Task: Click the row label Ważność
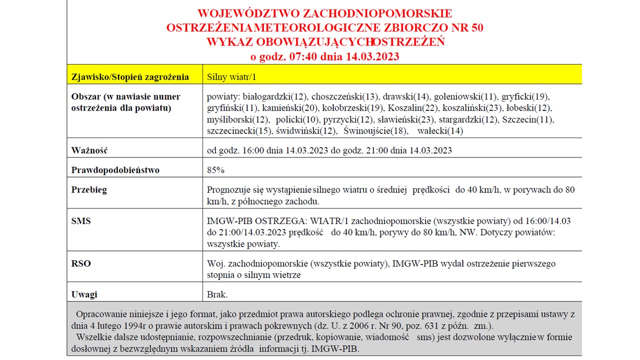[x=89, y=150]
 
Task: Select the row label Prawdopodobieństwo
[x=115, y=170]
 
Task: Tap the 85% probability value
[x=215, y=170]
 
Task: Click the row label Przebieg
[x=89, y=190]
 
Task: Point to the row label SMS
[x=81, y=220]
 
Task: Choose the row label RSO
[x=81, y=263]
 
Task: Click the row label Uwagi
[x=84, y=294]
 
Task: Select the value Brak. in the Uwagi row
[x=217, y=294]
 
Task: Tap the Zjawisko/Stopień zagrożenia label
[x=130, y=77]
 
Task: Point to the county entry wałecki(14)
[x=440, y=131]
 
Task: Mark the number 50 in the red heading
[x=477, y=27]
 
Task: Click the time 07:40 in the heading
[x=303, y=56]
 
